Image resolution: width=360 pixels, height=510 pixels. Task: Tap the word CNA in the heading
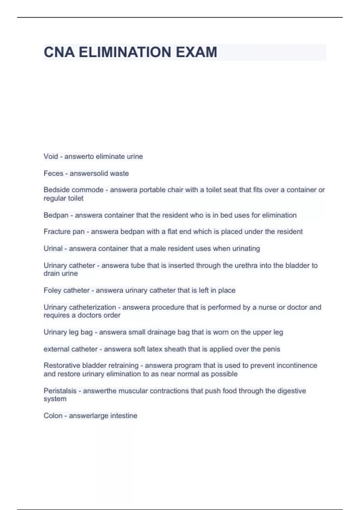pyautogui.click(x=59, y=52)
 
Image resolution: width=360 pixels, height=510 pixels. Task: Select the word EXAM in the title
pyautogui.click(x=196, y=52)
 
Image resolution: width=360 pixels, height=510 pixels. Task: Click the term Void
pyautogui.click(x=50, y=156)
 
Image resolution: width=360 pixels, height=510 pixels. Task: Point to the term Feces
pyautogui.click(x=53, y=173)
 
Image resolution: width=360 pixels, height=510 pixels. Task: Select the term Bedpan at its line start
pyautogui.click(x=56, y=215)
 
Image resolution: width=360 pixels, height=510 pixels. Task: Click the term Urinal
pyautogui.click(x=53, y=249)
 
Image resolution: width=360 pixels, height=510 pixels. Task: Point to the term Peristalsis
pyautogui.click(x=60, y=391)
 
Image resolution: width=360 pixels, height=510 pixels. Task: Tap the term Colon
pyautogui.click(x=53, y=416)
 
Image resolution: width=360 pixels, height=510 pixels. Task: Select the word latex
pyautogui.click(x=154, y=349)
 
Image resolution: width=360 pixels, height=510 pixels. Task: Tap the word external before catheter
pyautogui.click(x=55, y=349)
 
